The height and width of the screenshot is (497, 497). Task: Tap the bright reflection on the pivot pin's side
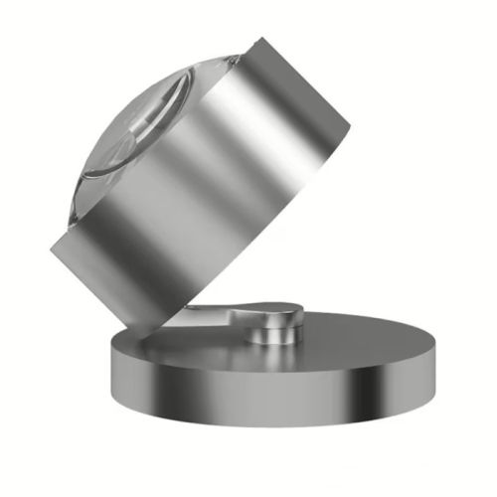[260, 333]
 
